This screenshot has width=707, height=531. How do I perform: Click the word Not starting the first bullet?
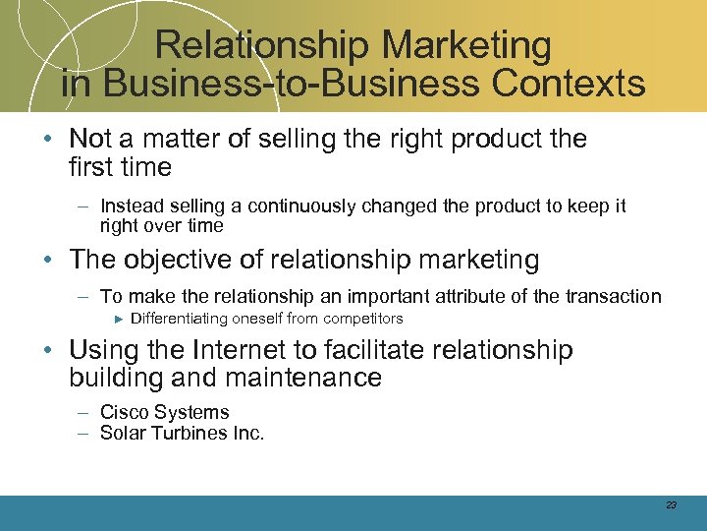(x=92, y=139)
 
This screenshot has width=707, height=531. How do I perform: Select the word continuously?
(x=305, y=206)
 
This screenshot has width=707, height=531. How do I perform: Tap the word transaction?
(x=609, y=296)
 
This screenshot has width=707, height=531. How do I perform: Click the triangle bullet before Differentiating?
(x=118, y=319)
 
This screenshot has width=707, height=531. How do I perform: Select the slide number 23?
(x=671, y=504)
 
